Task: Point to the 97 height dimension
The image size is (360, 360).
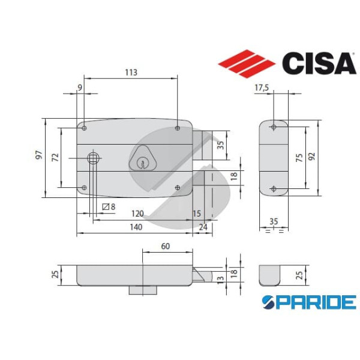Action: [x=38, y=155]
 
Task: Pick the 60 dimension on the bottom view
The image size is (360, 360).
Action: [x=166, y=246]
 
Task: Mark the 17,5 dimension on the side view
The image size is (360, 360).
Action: [x=262, y=88]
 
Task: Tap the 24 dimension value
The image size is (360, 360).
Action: [x=203, y=227]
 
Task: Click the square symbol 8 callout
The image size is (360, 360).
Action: [x=109, y=207]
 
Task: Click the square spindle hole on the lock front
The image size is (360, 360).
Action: [x=93, y=158]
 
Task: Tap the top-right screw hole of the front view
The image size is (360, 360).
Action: [x=178, y=128]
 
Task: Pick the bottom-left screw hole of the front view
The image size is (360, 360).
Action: [x=85, y=188]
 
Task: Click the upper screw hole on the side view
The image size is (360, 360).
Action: [x=274, y=127]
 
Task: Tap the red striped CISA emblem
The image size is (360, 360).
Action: [x=246, y=62]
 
